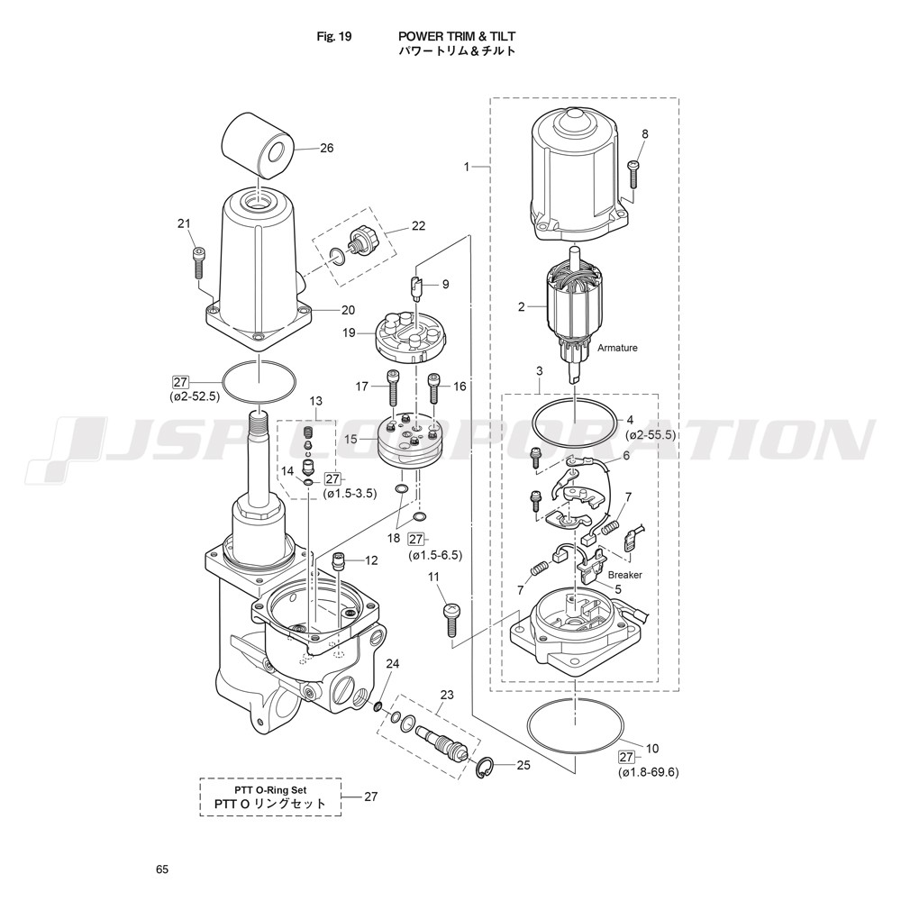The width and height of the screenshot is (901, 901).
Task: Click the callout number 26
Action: click(326, 149)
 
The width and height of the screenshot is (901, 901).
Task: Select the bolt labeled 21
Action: click(198, 262)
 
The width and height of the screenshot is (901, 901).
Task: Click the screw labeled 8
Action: click(633, 174)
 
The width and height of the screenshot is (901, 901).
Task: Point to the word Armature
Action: click(617, 348)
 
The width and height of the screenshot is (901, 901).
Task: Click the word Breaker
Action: click(624, 575)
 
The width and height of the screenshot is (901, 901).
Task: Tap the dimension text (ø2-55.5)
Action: click(651, 435)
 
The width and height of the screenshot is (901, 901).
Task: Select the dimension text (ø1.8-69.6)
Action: click(649, 772)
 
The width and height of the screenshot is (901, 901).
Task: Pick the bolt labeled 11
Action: click(451, 620)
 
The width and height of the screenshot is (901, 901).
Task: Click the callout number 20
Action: click(348, 310)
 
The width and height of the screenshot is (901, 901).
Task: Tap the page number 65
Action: click(162, 869)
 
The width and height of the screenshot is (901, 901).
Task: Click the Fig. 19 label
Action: click(334, 37)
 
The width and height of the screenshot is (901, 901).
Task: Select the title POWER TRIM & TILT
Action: click(457, 37)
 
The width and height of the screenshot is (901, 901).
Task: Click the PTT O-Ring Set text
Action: click(270, 790)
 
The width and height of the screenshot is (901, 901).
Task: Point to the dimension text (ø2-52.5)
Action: click(195, 396)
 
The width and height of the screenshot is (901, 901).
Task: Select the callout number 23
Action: click(446, 695)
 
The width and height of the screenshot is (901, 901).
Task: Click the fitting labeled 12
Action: click(340, 560)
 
